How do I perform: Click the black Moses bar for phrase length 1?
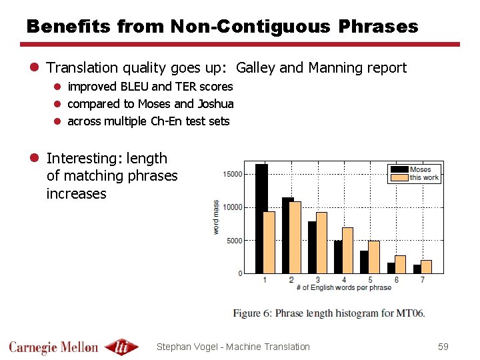click(261, 219)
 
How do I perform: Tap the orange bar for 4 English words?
click(347, 250)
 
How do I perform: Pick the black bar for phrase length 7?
click(417, 269)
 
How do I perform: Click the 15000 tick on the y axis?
click(233, 175)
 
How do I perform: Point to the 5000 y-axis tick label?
click(235, 241)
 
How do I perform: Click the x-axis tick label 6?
click(397, 280)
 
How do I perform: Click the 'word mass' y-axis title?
click(216, 217)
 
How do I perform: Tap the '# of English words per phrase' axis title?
click(343, 287)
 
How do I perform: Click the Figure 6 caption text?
click(329, 313)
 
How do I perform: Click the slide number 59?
click(443, 347)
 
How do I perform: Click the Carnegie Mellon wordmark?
click(53, 347)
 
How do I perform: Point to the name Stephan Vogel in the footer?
click(187, 347)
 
